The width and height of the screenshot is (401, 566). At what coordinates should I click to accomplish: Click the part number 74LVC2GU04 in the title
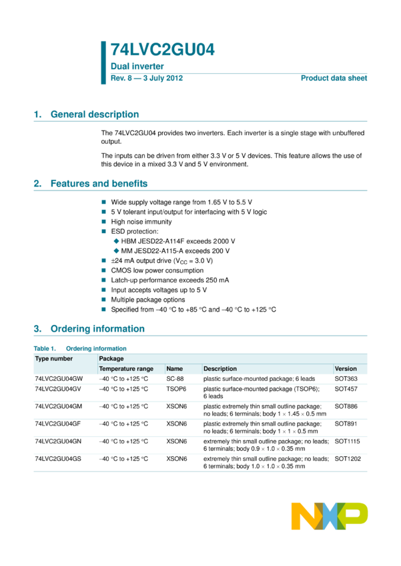(x=162, y=49)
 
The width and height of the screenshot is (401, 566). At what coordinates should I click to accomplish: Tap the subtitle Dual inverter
(x=137, y=67)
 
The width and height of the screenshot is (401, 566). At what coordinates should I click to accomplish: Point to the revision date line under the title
(x=146, y=78)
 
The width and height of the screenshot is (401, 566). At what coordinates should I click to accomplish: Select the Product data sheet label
(x=334, y=78)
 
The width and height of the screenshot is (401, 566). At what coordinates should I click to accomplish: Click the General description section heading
(x=95, y=115)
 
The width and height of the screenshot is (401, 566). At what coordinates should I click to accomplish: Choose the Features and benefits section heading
(x=99, y=184)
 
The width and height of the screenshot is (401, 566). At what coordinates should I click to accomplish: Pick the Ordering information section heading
(x=97, y=329)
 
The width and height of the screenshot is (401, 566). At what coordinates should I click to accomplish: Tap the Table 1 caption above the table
(x=80, y=348)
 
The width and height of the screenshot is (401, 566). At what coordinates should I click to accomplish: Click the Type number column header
(x=54, y=359)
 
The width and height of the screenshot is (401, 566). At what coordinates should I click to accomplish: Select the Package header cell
(x=111, y=359)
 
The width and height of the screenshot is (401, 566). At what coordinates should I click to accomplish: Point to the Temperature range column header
(x=126, y=369)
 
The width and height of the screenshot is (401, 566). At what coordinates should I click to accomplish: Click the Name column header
(x=174, y=369)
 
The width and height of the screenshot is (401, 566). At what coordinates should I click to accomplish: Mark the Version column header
(x=346, y=369)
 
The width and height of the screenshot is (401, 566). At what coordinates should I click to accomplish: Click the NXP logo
(x=329, y=516)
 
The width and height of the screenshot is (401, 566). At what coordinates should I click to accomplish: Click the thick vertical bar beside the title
(x=103, y=63)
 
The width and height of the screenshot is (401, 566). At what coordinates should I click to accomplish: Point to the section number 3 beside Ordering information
(x=37, y=329)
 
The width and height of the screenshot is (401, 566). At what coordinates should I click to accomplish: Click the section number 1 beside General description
(x=37, y=115)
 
